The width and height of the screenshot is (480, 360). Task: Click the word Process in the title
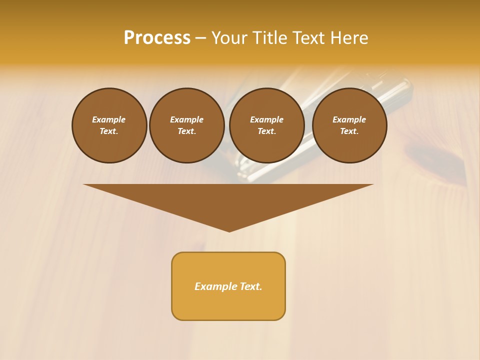(157, 38)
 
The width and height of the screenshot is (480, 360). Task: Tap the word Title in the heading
(269, 38)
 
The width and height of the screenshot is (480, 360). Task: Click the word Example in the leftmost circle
(109, 119)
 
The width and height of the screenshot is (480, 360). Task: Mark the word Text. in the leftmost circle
(109, 131)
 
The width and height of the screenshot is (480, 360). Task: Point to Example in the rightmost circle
(349, 119)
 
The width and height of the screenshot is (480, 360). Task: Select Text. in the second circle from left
(186, 131)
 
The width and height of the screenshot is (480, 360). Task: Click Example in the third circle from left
(266, 119)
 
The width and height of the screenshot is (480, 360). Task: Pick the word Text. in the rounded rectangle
(251, 286)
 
